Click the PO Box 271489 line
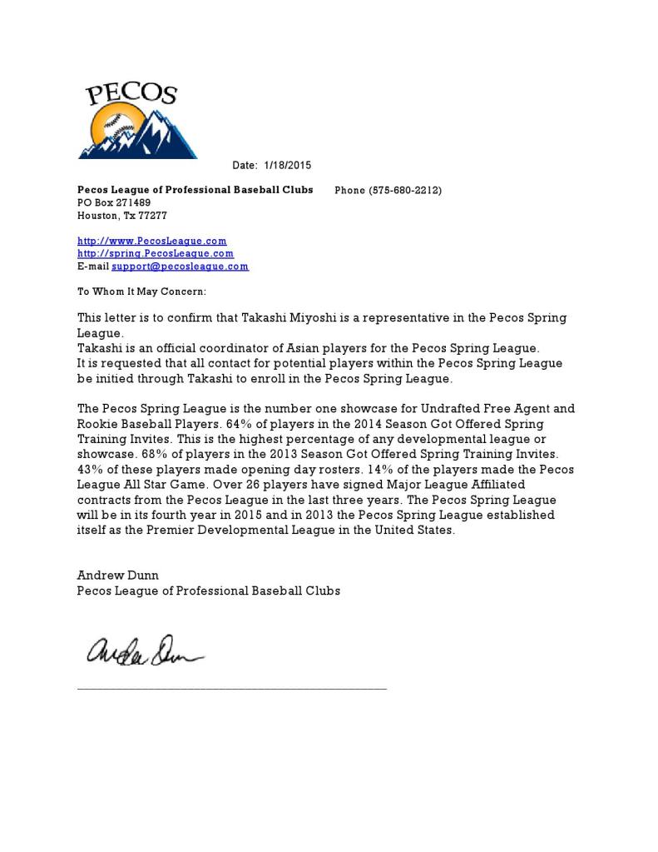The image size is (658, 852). pos(114,202)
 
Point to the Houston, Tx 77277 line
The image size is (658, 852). pos(122,215)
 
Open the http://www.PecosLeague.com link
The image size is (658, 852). pos(152,241)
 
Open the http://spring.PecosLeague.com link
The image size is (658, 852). pos(156,253)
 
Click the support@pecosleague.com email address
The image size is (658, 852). pos(181,267)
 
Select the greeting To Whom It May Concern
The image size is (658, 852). pos(141,291)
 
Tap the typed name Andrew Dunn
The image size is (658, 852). pos(118,575)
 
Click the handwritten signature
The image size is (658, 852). pos(141,651)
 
